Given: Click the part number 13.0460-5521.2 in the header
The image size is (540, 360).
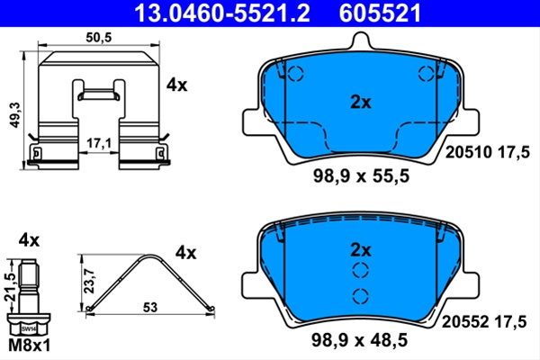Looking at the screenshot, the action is pyautogui.click(x=222, y=13).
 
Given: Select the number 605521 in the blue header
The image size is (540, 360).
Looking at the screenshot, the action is pyautogui.click(x=380, y=13).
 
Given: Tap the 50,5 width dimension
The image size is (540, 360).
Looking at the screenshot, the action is pyautogui.click(x=99, y=37).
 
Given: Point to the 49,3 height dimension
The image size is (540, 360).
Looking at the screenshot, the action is pyautogui.click(x=15, y=115).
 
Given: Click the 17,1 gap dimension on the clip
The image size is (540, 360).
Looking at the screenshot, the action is pyautogui.click(x=99, y=143).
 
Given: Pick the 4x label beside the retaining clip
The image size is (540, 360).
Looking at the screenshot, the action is pyautogui.click(x=176, y=85).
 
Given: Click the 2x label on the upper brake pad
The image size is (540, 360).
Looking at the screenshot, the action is pyautogui.click(x=361, y=103).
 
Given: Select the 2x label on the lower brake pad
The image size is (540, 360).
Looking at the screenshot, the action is pyautogui.click(x=361, y=250).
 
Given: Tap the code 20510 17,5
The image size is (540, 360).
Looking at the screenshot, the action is pyautogui.click(x=487, y=152).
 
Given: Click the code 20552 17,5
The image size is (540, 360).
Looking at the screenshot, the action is pyautogui.click(x=484, y=322).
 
